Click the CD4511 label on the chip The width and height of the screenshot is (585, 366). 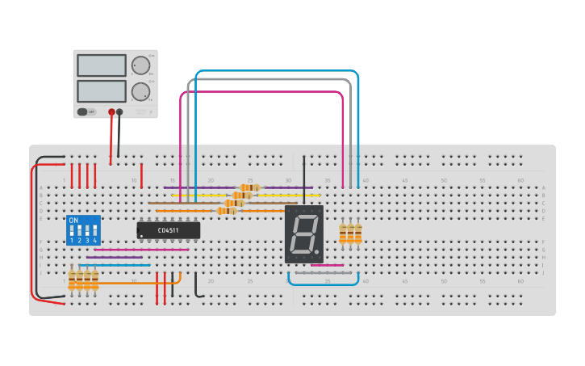pyautogui.click(x=168, y=231)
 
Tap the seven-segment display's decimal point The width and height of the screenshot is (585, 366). pyautogui.click(x=316, y=252)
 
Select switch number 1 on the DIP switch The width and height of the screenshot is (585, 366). pyautogui.click(x=72, y=232)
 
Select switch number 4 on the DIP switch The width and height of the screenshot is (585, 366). pyautogui.click(x=94, y=232)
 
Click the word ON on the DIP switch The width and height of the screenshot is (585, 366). pyautogui.click(x=73, y=221)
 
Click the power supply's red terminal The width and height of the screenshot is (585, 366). pyautogui.click(x=111, y=112)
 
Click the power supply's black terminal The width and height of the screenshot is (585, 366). pyautogui.click(x=119, y=112)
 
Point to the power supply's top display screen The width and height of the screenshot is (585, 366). pyautogui.click(x=102, y=65)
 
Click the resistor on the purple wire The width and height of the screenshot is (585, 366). pyautogui.click(x=250, y=187)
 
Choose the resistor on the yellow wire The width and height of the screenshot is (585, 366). pyautogui.click(x=242, y=195)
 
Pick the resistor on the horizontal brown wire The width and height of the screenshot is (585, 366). pyautogui.click(x=235, y=203)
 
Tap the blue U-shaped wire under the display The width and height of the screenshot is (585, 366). pyautogui.click(x=323, y=284)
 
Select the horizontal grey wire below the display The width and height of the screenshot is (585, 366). pyautogui.click(x=327, y=273)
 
